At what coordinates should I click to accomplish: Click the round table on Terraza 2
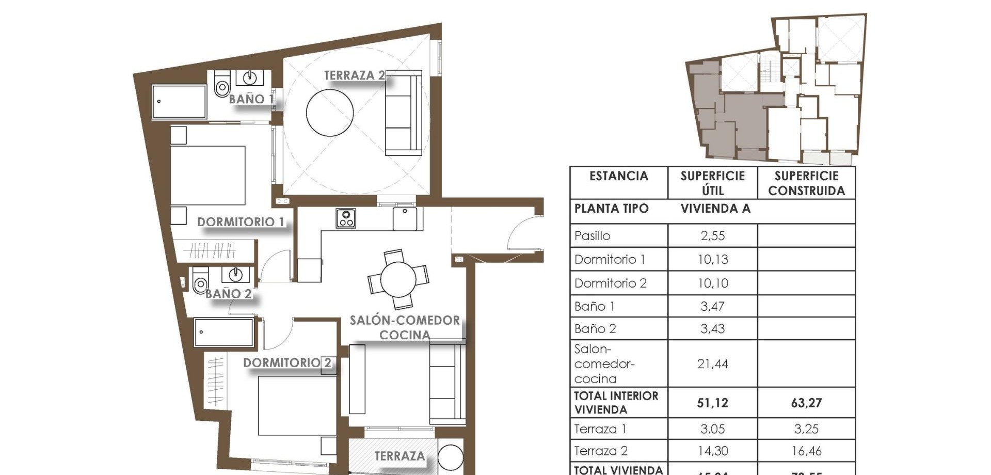(x=330, y=113)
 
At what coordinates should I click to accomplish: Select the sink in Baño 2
(x=236, y=274)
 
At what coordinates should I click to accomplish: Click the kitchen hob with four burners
(x=345, y=218)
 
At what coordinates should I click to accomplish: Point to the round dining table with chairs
(x=398, y=279)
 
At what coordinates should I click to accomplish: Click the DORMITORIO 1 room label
(x=241, y=222)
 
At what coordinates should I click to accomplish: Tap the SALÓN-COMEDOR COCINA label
(x=405, y=327)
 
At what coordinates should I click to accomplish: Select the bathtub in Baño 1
(x=179, y=102)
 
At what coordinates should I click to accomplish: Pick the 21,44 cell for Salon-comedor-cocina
(x=712, y=363)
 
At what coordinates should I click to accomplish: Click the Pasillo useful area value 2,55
(x=712, y=236)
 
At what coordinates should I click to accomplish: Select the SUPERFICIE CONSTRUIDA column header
(x=806, y=183)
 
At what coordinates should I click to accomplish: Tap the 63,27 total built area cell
(x=806, y=403)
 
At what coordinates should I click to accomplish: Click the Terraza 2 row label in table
(x=601, y=451)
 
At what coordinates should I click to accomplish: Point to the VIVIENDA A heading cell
(x=715, y=209)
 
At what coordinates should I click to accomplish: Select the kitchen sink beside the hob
(x=405, y=219)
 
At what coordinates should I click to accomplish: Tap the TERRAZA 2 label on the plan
(x=355, y=75)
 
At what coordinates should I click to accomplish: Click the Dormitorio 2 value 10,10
(x=712, y=283)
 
